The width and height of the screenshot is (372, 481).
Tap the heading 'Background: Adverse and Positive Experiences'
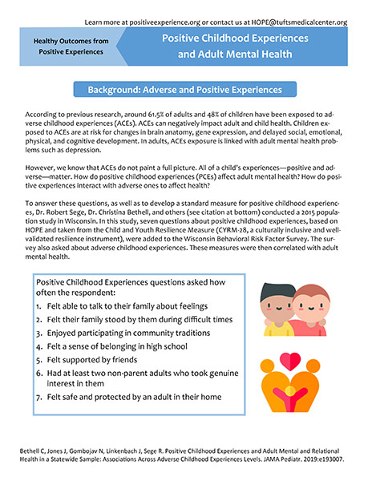[185, 90]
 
